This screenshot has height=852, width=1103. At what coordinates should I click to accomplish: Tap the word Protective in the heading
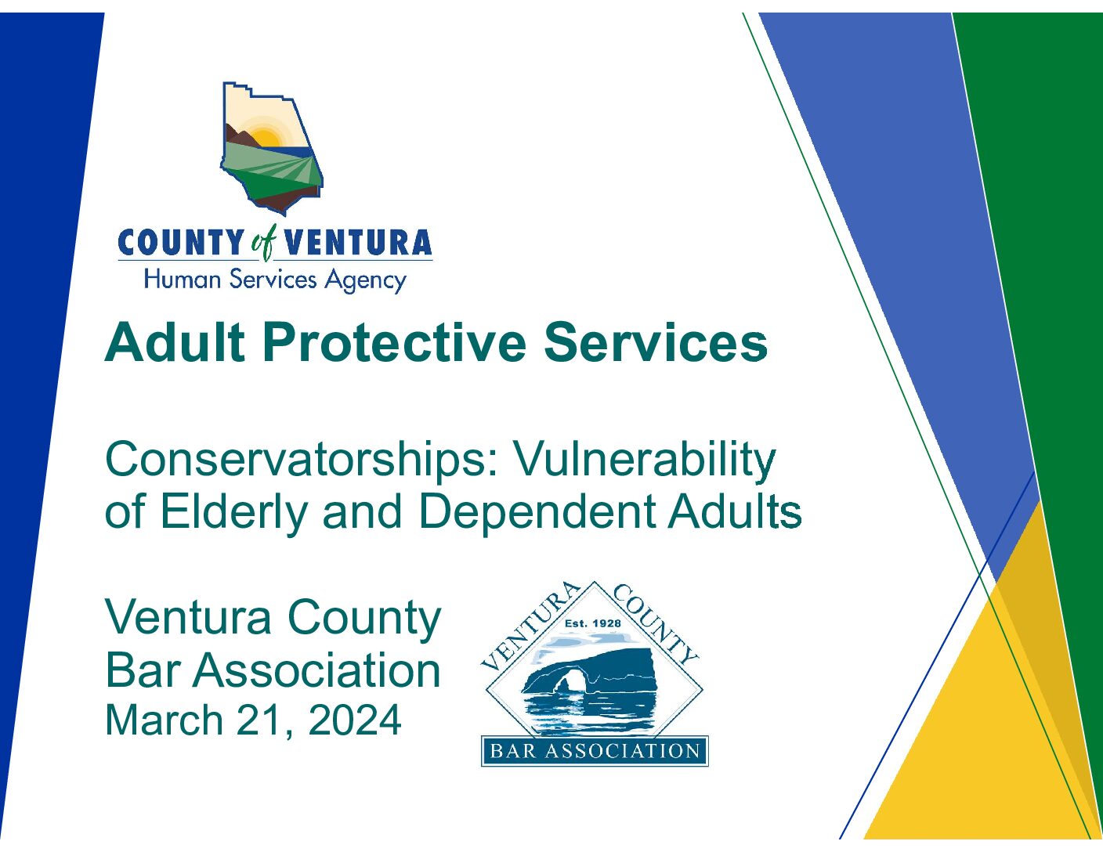tap(394, 342)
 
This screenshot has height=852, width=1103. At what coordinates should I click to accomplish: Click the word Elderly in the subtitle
tap(233, 512)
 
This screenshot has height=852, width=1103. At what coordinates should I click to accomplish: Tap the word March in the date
tap(164, 720)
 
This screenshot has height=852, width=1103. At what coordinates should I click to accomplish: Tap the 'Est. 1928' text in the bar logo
tap(593, 623)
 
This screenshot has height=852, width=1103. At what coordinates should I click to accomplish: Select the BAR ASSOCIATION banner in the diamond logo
tap(595, 751)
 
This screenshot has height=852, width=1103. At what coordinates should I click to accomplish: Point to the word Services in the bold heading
tap(655, 342)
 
